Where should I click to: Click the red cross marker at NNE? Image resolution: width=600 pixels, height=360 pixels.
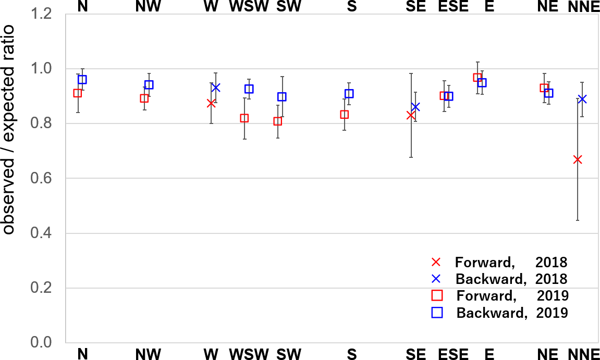(x=578, y=159)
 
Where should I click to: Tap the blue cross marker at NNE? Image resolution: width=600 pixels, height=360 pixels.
(x=582, y=99)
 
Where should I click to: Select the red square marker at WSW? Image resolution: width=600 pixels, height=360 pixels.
(x=244, y=118)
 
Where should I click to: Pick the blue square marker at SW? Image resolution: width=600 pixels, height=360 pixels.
(x=282, y=97)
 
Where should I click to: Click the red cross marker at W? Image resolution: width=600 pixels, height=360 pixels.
(x=211, y=103)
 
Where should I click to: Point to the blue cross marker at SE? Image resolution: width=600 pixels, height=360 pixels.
(x=415, y=107)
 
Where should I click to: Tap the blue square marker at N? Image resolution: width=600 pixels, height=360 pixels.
(x=82, y=80)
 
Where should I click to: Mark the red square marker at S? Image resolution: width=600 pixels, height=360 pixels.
(x=345, y=115)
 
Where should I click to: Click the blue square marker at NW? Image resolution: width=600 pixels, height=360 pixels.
(x=149, y=85)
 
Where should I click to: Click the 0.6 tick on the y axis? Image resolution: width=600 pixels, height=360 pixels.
(x=66, y=179)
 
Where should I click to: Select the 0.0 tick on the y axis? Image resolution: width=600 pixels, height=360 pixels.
(x=66, y=343)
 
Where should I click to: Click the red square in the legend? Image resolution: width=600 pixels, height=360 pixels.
(x=437, y=296)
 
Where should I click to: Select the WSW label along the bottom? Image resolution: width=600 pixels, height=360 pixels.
(x=249, y=354)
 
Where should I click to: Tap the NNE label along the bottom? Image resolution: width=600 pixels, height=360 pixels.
(x=582, y=354)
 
